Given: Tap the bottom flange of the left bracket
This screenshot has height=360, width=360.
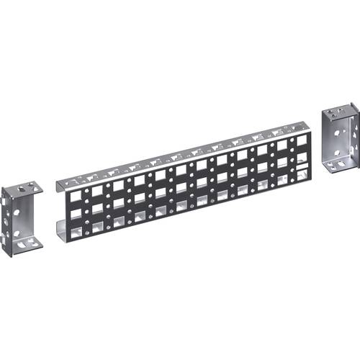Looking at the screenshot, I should tap(26, 243).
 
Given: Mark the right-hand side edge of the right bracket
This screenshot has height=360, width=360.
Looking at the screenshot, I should tap(356, 137).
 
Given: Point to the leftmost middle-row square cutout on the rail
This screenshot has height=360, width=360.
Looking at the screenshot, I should tap(73, 212).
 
